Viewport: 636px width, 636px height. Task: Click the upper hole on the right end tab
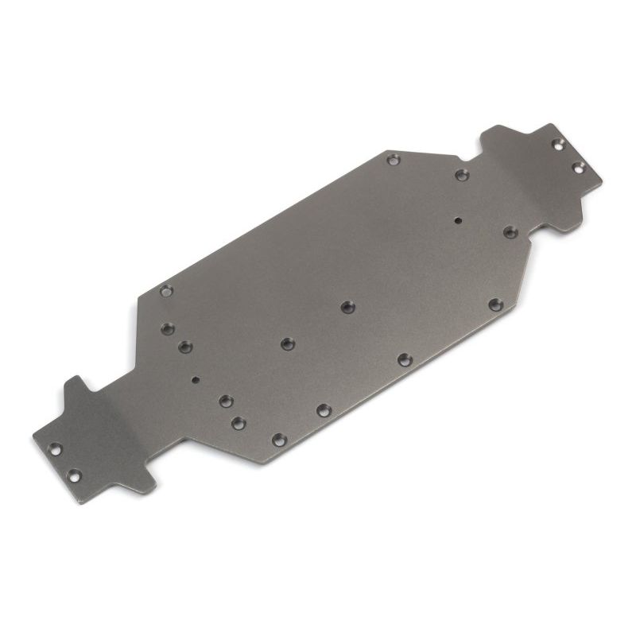click(558, 144)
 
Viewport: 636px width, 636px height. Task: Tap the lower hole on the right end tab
click(578, 167)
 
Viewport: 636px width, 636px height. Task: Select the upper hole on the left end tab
click(55, 449)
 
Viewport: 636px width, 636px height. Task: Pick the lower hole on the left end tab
click(74, 476)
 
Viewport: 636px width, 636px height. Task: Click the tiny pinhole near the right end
click(458, 220)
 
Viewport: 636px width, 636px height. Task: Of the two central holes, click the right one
click(347, 307)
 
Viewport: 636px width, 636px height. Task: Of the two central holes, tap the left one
click(286, 343)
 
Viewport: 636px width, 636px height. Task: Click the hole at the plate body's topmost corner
click(393, 160)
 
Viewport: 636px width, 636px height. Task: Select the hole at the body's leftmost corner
click(166, 291)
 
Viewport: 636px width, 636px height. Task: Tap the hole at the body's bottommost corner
click(278, 439)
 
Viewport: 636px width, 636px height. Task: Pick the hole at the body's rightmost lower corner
click(494, 304)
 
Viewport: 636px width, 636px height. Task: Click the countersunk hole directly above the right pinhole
click(462, 175)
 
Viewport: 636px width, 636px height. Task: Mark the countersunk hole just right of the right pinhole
click(510, 232)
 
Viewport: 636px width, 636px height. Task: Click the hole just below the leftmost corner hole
click(167, 328)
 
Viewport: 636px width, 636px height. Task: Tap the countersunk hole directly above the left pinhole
click(185, 347)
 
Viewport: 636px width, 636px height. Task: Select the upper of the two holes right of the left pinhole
click(226, 401)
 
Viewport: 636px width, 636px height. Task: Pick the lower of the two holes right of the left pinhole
click(238, 423)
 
